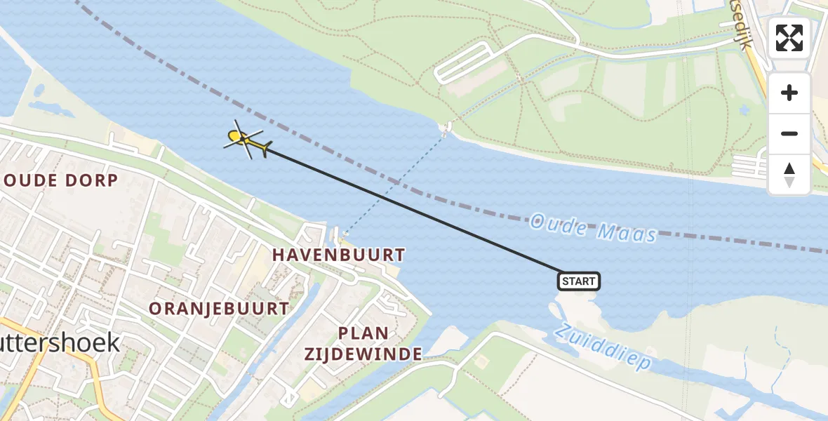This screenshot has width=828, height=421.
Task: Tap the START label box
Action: point(579,281)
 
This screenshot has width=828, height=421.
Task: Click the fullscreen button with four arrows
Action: point(789,38)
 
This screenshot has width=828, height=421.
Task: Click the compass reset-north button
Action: point(789,175)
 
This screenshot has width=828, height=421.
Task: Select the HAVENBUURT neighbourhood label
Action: point(338,255)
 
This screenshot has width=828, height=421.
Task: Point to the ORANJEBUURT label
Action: point(218,308)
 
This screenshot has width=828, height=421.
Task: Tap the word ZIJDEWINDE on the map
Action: point(363,354)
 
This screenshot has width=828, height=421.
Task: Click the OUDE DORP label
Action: point(60,180)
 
